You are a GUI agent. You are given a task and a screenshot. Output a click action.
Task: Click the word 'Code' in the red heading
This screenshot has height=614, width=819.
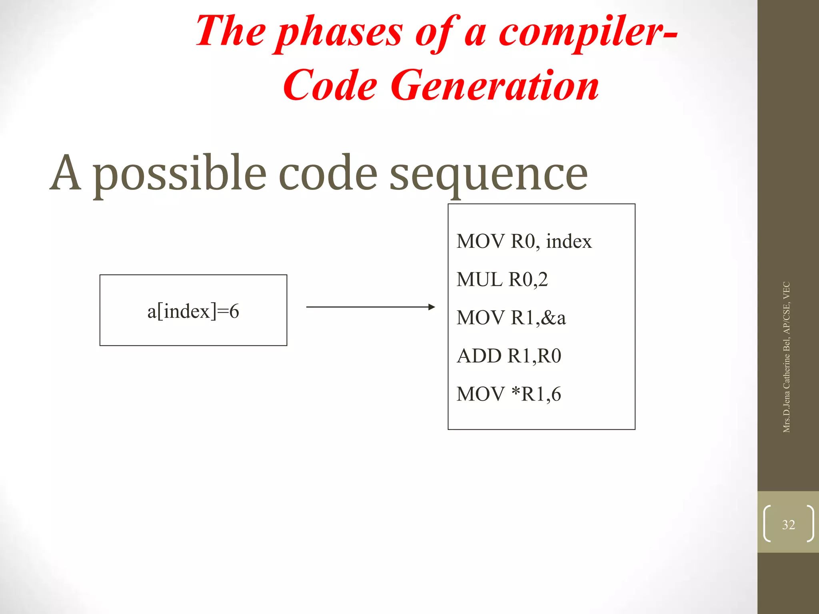(x=330, y=86)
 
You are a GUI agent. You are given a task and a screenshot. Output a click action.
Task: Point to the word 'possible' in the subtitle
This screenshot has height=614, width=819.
(x=180, y=174)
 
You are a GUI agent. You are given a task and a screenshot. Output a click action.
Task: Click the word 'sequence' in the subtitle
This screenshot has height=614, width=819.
(x=489, y=174)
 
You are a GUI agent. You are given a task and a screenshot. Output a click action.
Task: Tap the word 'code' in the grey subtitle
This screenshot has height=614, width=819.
(x=328, y=173)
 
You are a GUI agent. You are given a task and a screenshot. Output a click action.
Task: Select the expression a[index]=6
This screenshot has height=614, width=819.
(x=193, y=311)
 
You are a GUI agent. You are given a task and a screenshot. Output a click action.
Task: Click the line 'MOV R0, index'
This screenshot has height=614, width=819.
(x=524, y=241)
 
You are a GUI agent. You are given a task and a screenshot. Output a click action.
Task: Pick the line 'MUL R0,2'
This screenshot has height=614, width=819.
(x=502, y=279)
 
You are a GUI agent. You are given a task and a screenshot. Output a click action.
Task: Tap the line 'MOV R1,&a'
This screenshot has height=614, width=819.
(x=511, y=318)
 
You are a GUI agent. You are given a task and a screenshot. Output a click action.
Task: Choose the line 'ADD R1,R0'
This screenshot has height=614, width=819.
(x=509, y=356)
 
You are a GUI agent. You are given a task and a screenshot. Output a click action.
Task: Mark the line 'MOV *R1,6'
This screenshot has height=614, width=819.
(x=509, y=394)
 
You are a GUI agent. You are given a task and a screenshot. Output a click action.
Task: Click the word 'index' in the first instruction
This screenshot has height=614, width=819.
(x=569, y=241)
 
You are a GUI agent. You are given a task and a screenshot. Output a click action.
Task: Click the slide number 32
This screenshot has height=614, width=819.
(x=788, y=524)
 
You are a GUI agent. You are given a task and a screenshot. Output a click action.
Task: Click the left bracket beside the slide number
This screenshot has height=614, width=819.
(x=767, y=524)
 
